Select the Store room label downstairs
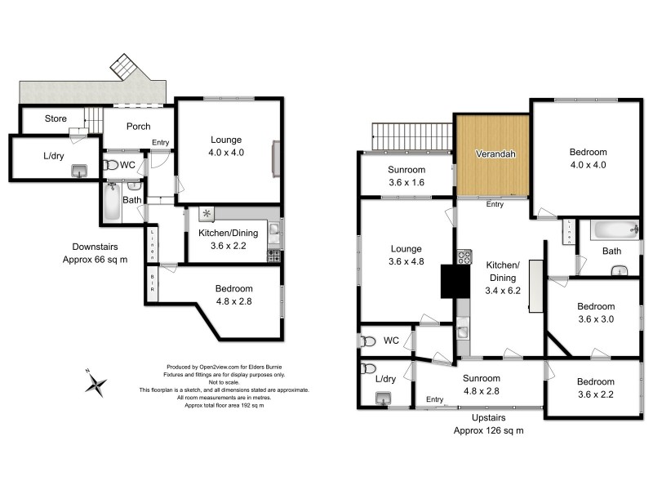[x=56, y=119]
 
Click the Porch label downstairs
[x=138, y=127]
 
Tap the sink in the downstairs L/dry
[x=80, y=170]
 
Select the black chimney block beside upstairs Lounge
[x=451, y=283]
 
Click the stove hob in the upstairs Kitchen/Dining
[x=465, y=259]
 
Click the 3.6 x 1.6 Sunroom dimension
[x=406, y=182]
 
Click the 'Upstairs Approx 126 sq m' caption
[x=486, y=425]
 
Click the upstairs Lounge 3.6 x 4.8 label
[x=406, y=256]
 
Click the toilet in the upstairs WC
[x=367, y=340]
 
